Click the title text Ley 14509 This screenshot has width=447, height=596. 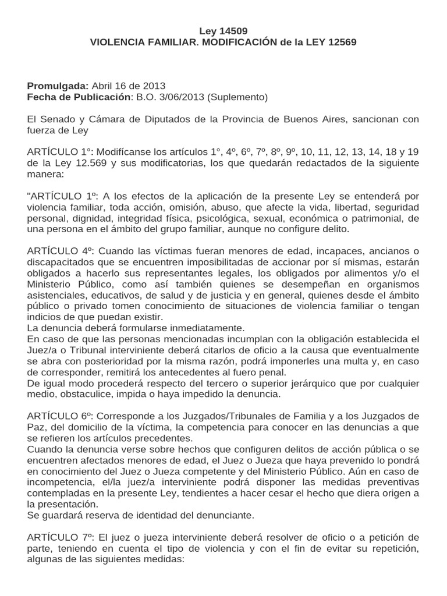(223, 31)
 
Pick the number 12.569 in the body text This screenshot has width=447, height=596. (88, 163)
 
